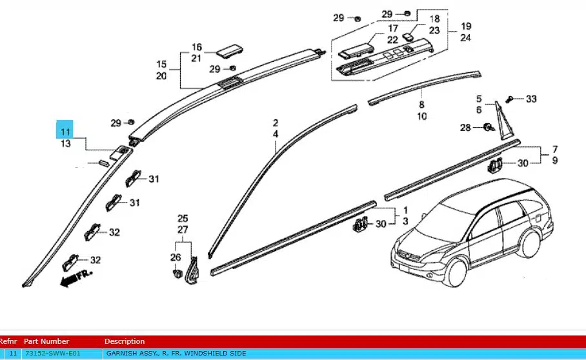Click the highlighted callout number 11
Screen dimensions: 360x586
click(x=65, y=132)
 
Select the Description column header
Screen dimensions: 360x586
click(x=125, y=341)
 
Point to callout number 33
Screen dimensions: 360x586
click(x=531, y=99)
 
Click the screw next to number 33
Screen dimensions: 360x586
click(x=510, y=99)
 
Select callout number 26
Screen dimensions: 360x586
click(x=176, y=257)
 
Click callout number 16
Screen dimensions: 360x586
click(x=197, y=47)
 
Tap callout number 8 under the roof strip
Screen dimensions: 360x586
click(x=421, y=104)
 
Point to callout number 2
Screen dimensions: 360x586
click(x=275, y=123)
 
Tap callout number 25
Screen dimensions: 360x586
click(x=183, y=218)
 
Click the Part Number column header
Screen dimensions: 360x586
click(x=46, y=341)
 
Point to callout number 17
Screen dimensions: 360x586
click(x=392, y=29)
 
